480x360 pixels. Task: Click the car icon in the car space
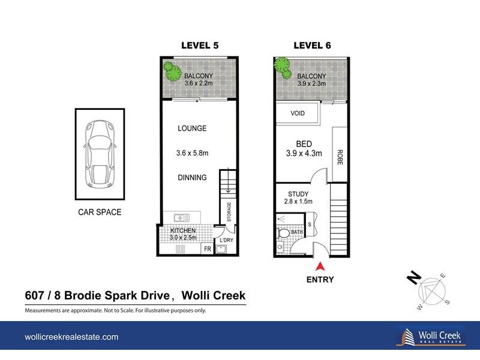tap(99, 153)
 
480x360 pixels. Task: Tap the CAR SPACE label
tap(99, 212)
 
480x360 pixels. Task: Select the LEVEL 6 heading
tap(311, 46)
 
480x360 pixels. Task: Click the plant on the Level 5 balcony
tap(173, 71)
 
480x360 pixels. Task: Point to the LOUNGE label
tap(192, 128)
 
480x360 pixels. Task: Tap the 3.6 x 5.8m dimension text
tap(192, 153)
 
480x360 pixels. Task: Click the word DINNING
tap(192, 178)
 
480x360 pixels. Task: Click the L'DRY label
tap(227, 241)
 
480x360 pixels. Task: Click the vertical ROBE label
tap(340, 157)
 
